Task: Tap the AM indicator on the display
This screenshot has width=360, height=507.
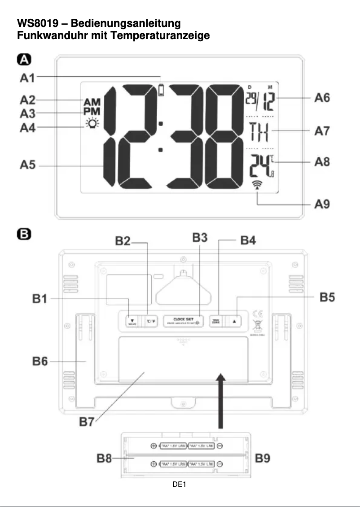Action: point(92,102)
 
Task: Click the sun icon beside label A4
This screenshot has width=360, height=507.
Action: point(92,124)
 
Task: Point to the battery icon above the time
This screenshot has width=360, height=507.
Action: point(162,91)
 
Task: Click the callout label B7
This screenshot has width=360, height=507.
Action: point(88,422)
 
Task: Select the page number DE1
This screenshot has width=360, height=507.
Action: point(180,484)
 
